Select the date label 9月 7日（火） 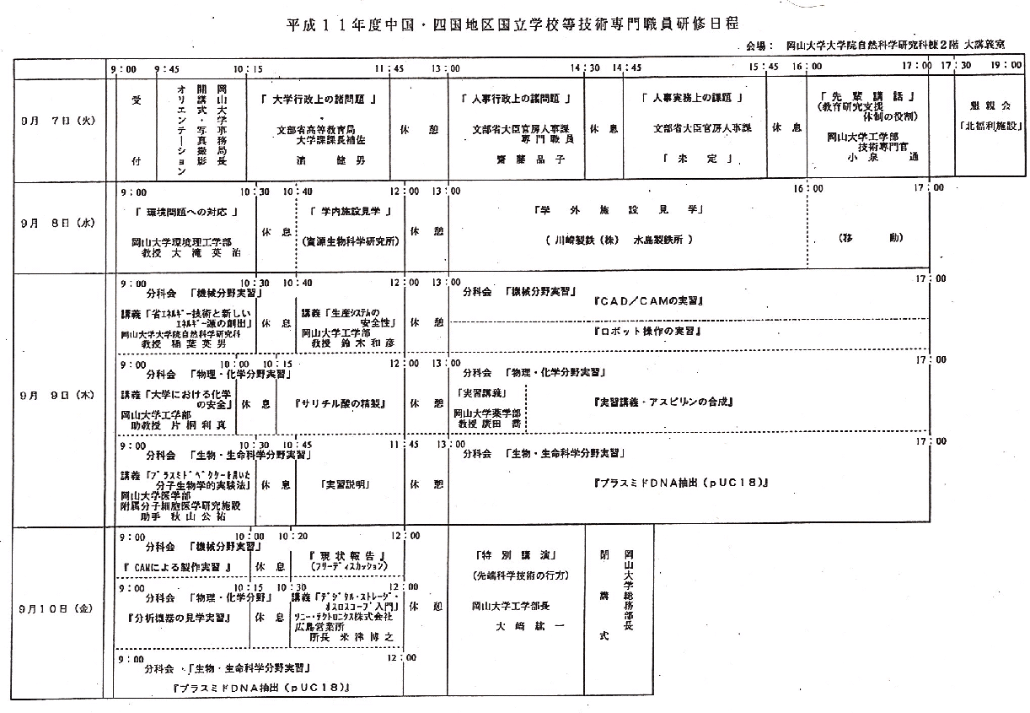click(x=56, y=121)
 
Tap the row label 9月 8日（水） click(x=56, y=224)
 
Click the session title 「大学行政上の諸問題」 click(x=318, y=99)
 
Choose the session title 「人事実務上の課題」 click(x=691, y=99)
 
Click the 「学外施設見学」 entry click(x=620, y=209)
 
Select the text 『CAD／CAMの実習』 click(x=648, y=300)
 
